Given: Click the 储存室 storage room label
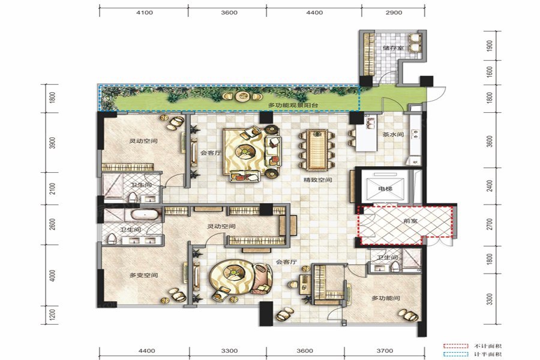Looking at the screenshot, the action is coord(393,48).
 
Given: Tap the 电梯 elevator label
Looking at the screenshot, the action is coord(385,189).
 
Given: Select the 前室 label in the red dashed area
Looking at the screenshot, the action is coord(410,220).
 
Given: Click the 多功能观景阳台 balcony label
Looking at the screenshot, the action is coord(293,105).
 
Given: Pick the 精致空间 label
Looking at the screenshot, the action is coord(317,180).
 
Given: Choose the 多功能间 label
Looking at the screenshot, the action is coord(386,298).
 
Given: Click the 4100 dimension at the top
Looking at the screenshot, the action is coord(145,13).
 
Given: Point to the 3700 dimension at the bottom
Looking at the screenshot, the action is coord(385,350).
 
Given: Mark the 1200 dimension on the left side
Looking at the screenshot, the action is coord(52,315).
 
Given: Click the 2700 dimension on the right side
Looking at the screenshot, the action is coord(490,224).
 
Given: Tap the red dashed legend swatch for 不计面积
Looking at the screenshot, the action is coord(455,346).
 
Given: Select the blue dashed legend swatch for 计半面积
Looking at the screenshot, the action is coord(455,354).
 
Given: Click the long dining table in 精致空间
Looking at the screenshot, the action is coord(317,149).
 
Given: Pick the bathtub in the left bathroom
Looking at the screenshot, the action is coord(145,215).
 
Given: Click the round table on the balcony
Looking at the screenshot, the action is coord(240,96).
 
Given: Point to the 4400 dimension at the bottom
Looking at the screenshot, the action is coord(146,350).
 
